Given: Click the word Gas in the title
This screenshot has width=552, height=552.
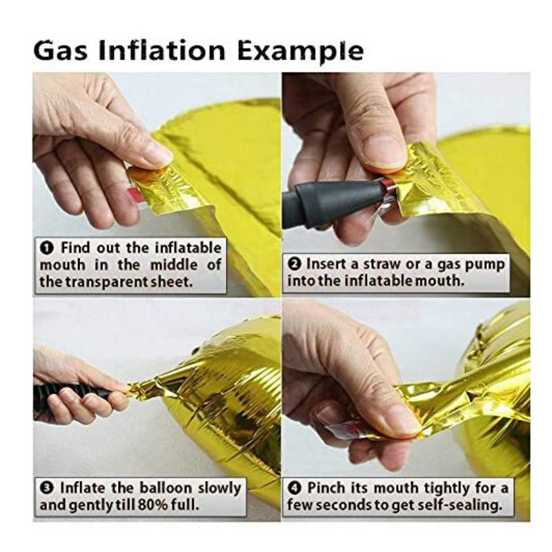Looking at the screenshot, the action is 60,51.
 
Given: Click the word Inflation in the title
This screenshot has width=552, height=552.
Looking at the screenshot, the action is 162,51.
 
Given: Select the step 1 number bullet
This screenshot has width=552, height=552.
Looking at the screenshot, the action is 47,248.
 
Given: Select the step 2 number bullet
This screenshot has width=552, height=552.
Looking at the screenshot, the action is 295,264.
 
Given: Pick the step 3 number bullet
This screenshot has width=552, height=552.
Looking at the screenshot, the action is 47,489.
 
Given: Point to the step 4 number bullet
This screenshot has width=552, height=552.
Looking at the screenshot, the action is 295,489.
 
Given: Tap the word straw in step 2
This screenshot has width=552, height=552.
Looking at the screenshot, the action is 383,264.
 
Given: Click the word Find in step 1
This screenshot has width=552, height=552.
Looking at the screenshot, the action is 76,248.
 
